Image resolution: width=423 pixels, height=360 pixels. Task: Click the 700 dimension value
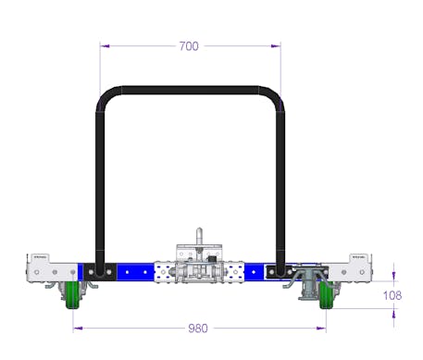pos(189,46)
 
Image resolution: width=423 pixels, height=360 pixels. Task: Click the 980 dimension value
pos(198,329)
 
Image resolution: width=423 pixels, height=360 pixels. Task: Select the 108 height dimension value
pos(392,295)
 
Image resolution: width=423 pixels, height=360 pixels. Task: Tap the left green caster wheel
pos(73,294)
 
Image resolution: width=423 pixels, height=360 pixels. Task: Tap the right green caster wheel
pos(327,294)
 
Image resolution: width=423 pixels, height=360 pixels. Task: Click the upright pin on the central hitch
pos(199,236)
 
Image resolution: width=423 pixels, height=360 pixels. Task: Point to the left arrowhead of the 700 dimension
pos(105,46)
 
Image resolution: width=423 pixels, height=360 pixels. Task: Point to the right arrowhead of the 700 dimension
pos(276,46)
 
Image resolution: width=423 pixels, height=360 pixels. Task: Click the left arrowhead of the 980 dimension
pos(78,328)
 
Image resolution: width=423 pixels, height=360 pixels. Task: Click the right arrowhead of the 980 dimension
pos(321,328)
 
